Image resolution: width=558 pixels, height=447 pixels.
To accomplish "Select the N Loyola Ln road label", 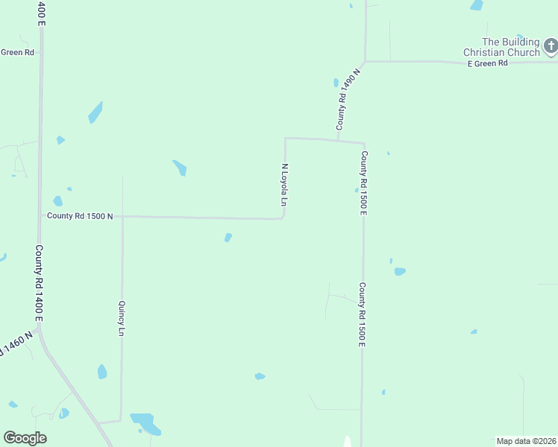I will pos(284,185).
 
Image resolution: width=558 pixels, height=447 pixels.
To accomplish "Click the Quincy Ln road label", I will pos(121,318).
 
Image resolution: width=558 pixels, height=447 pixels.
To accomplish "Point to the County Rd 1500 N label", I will pos(80,216).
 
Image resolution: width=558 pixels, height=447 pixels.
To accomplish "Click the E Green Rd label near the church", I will pos(487,64).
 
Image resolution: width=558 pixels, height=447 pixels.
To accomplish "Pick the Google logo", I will pos(25,438).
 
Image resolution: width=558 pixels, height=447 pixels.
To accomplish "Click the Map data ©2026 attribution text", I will pos(526,441).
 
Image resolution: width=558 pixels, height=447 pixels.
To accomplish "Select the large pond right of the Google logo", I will pos(145,423).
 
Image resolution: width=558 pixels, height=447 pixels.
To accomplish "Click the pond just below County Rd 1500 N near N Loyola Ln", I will pos(228,238).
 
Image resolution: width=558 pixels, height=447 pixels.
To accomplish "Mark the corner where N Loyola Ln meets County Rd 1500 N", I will pos(283,218).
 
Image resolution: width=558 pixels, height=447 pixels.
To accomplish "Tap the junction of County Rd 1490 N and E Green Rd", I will pos(365,61).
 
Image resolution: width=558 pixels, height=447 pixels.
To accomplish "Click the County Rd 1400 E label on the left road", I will pos(39,283).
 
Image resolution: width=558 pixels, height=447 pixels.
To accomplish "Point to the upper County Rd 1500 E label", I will pos(364,183).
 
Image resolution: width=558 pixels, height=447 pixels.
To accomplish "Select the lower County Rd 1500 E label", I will pos(363,314).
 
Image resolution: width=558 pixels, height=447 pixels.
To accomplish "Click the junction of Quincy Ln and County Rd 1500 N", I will pos(122,216).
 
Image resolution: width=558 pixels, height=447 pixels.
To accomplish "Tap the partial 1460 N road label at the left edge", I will pos(16,343).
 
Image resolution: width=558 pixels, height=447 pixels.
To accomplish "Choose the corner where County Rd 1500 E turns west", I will pos(364,143).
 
